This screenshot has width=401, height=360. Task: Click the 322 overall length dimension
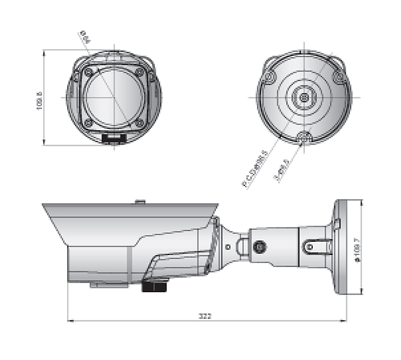[208, 315]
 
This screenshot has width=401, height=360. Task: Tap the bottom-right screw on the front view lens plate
[139, 122]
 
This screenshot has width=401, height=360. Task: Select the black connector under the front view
[113, 138]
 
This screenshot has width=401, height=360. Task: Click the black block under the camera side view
[154, 284]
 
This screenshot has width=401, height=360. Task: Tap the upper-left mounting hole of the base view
[269, 76]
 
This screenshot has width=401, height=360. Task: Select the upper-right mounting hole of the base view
[340, 76]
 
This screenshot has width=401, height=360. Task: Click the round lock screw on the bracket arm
[260, 247]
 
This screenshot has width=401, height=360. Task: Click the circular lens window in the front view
[113, 97]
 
